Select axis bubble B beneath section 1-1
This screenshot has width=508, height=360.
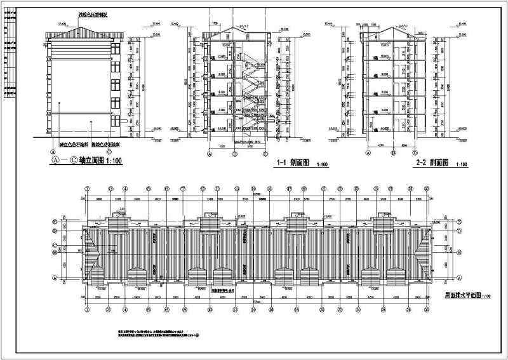pyautogui.click(x=235, y=153)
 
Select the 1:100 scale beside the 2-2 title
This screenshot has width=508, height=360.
pyautogui.click(x=461, y=164)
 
